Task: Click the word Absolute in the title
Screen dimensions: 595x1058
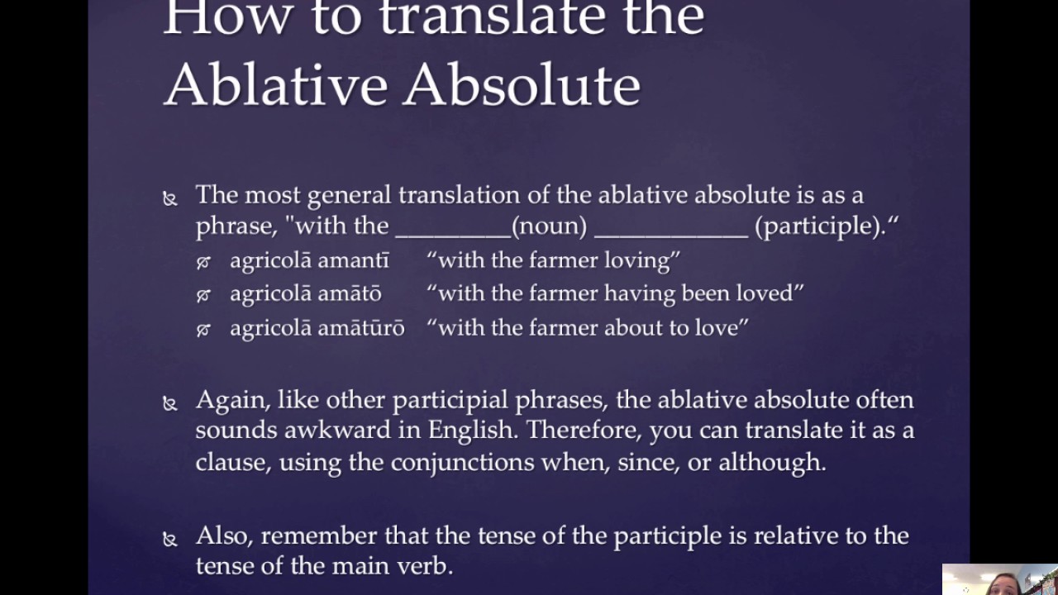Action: point(522,84)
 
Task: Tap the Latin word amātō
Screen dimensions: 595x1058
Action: point(350,293)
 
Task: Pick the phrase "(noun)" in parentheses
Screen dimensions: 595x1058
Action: point(549,226)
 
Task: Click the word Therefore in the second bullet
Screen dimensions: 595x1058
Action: point(583,431)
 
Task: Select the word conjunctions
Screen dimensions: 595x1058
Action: point(462,461)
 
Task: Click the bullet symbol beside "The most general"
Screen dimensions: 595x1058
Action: point(170,198)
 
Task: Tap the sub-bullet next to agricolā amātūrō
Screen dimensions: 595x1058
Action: point(203,330)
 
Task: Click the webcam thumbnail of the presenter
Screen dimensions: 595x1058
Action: point(999,579)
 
